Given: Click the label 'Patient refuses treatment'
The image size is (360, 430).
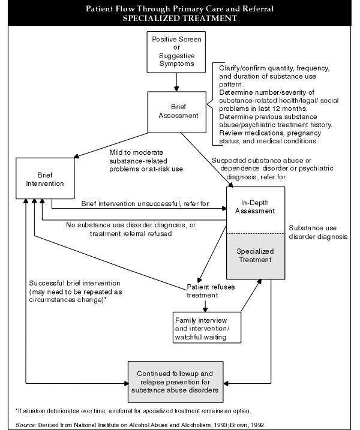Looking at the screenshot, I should click(x=209, y=291).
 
